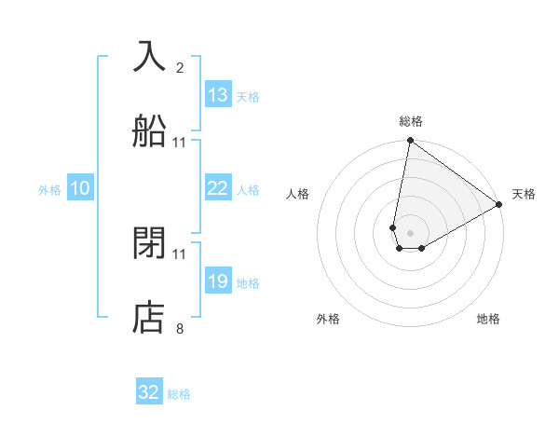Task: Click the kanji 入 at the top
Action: [x=150, y=57]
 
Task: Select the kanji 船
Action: [x=150, y=131]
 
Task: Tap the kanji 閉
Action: [x=150, y=243]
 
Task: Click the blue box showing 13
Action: [x=218, y=95]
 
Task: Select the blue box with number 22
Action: [x=218, y=188]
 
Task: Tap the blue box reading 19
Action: [x=218, y=281]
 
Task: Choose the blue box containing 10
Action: [x=80, y=188]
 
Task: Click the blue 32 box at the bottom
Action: [x=149, y=392]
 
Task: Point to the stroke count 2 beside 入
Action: [x=180, y=67]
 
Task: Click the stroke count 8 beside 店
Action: [x=180, y=328]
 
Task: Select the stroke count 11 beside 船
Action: [x=180, y=142]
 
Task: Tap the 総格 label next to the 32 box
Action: [x=179, y=394]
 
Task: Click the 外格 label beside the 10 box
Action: [x=49, y=189]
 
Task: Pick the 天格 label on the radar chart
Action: [x=525, y=194]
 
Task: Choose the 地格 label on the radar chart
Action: [x=488, y=319]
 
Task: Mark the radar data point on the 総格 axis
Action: [x=410, y=141]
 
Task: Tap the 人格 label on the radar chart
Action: [x=297, y=194]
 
